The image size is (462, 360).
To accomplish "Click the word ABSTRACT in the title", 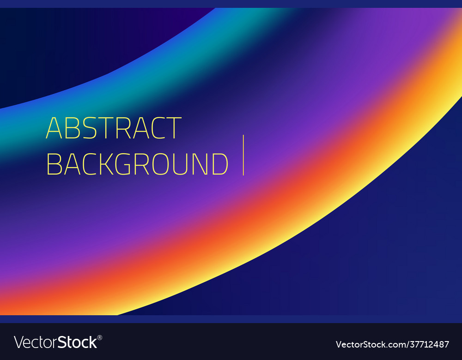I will tap(114, 128).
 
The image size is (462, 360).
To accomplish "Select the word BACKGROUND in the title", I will tap(137, 164).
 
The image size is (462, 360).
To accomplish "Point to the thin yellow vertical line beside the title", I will tap(243, 155).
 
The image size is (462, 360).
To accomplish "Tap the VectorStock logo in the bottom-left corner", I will tap(55, 342).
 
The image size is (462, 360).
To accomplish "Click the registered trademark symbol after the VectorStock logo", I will tap(100, 338).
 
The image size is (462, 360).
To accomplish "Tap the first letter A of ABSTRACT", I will tap(54, 128).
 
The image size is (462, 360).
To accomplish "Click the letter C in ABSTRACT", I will tap(156, 128).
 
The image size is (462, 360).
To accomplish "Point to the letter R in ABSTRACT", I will tap(123, 128).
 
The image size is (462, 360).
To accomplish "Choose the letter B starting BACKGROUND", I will tap(55, 164).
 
